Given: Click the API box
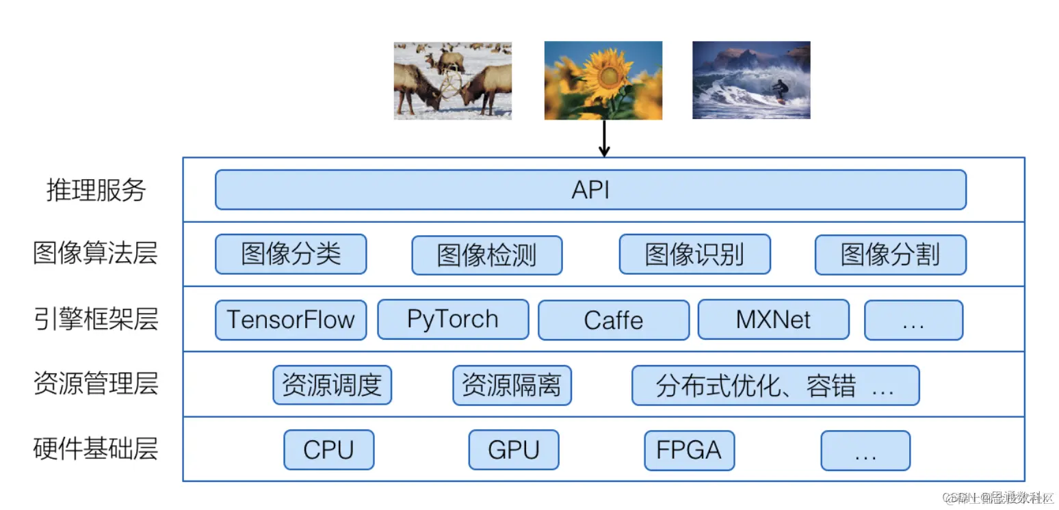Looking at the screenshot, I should point(590,189).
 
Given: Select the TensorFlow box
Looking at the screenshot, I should point(291,320).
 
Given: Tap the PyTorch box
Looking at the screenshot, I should point(453,319).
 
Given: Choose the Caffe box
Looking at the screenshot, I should point(614,320).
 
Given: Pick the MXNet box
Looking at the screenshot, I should point(773,319).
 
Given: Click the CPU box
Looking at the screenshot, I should point(328,450).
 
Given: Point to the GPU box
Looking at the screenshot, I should point(514,450).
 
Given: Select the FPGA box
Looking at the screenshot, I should point(689,450).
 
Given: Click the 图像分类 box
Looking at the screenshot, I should point(291,254).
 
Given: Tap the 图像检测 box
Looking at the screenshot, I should point(486,255).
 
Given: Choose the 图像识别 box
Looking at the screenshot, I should point(694,254).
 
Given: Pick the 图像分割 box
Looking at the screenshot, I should point(890,254).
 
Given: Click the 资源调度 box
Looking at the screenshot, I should point(332,385).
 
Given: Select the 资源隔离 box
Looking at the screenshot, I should point(512,385).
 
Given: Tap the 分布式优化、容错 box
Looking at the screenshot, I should point(775,385).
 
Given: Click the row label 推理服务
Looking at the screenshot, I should point(96,190).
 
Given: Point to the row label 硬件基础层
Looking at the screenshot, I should point(96,449).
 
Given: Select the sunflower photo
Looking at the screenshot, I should point(603,80).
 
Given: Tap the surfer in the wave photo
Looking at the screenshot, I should point(779,90).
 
